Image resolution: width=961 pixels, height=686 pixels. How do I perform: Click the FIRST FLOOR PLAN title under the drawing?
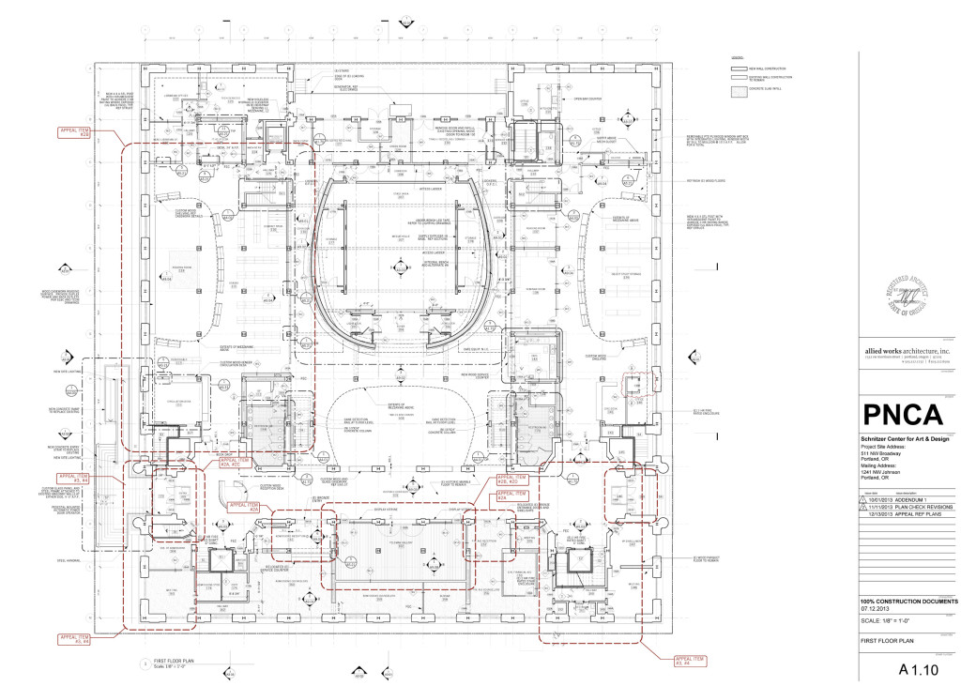point(178,661)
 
